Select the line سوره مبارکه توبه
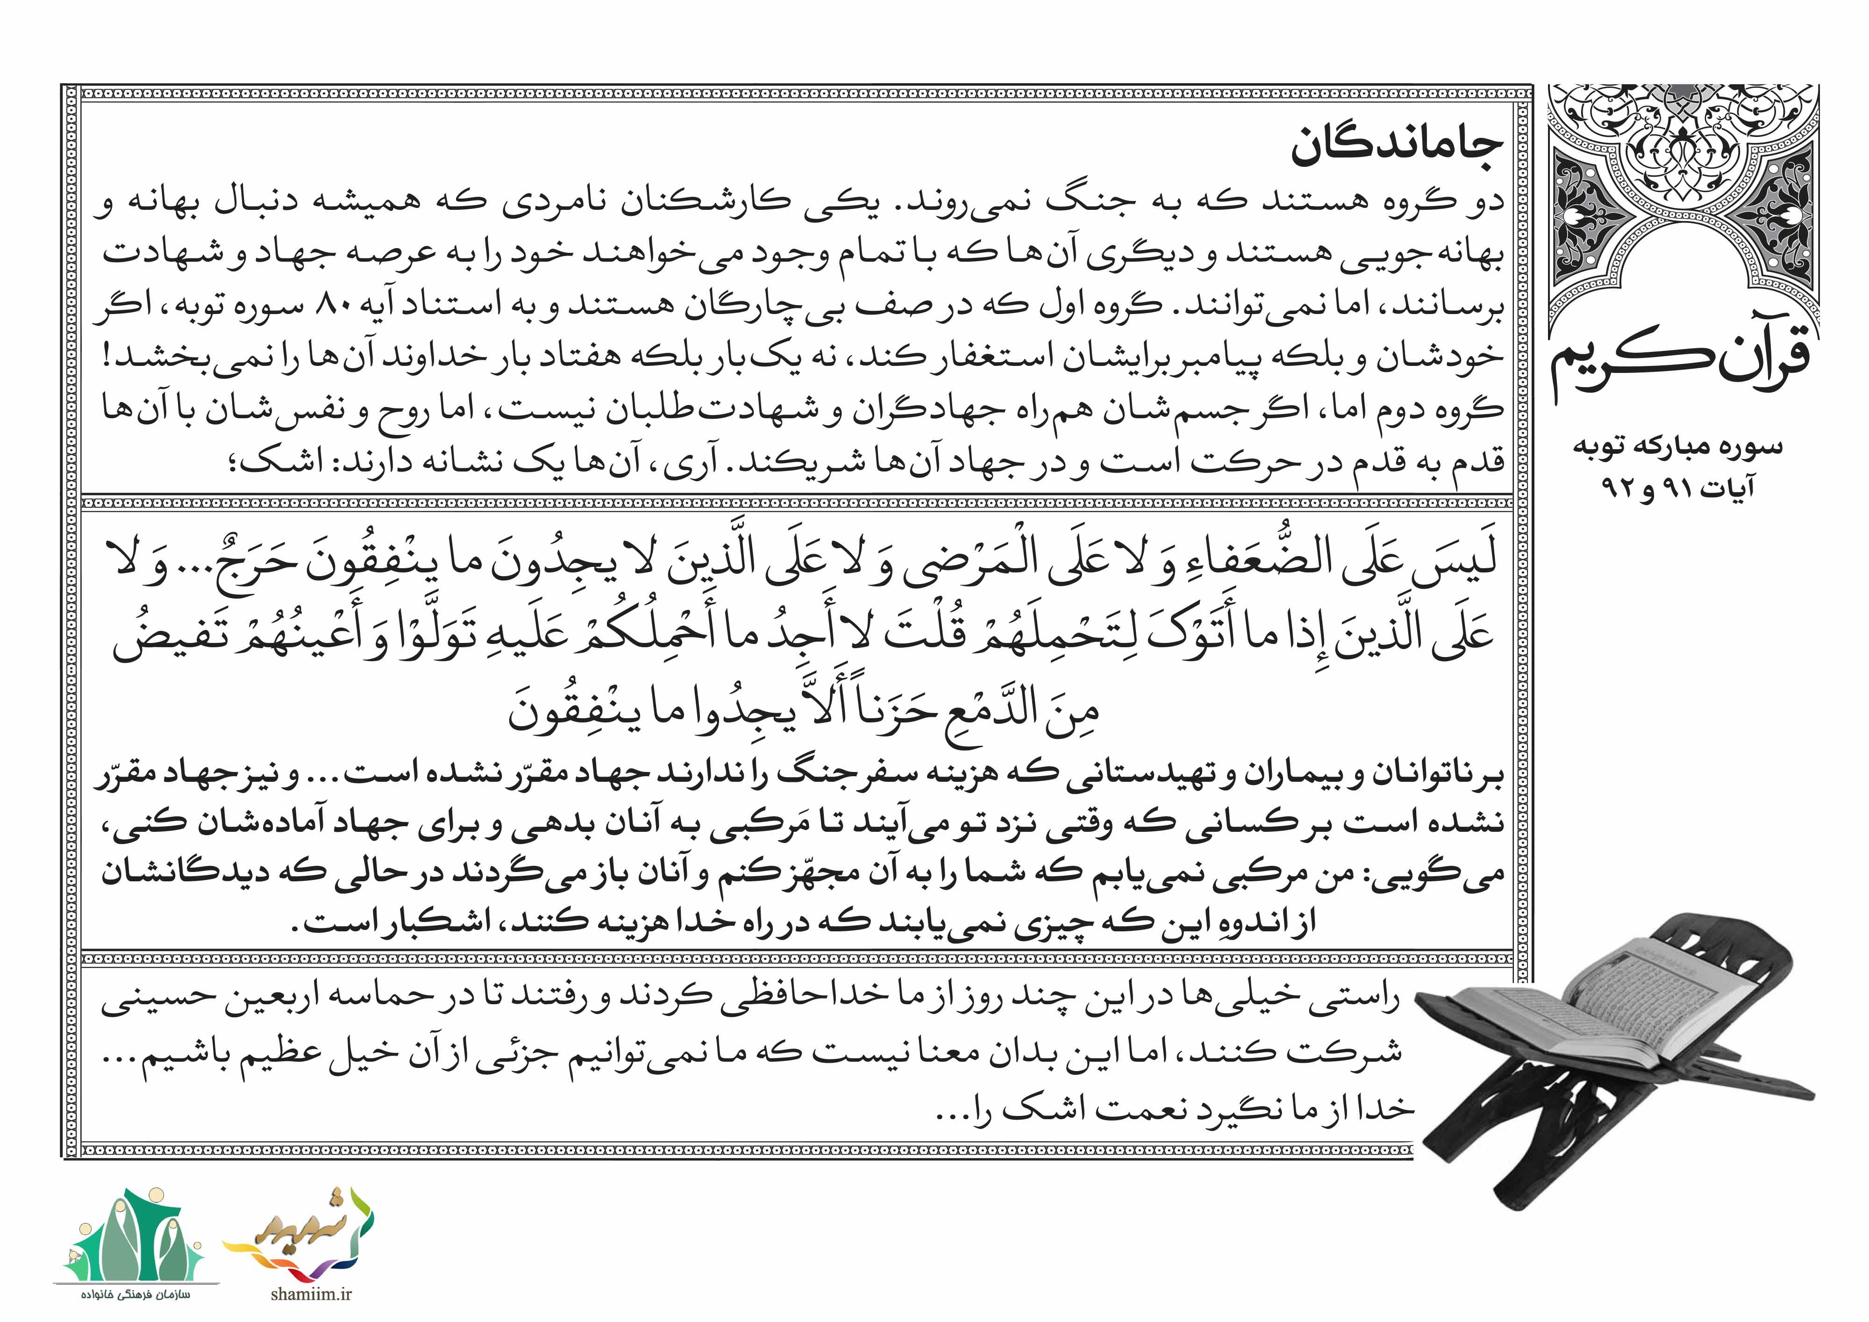click(x=1677, y=446)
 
